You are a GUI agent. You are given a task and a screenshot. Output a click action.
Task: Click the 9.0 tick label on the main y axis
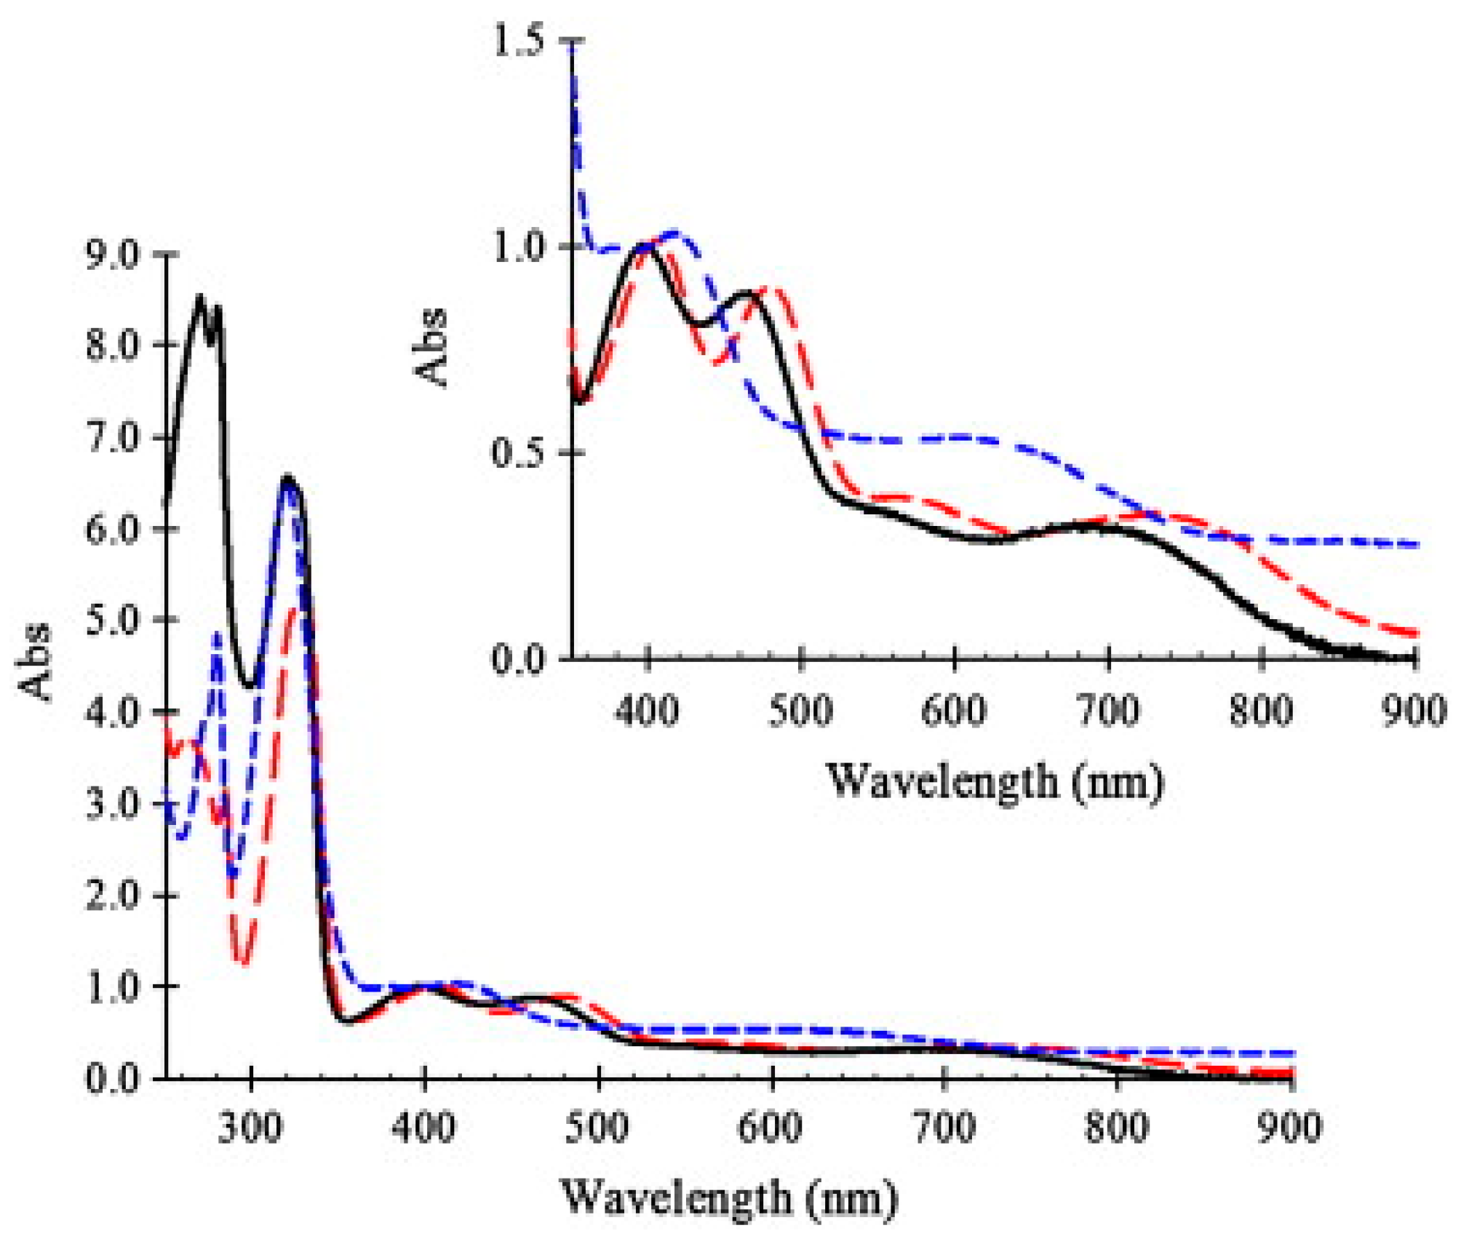tap(113, 255)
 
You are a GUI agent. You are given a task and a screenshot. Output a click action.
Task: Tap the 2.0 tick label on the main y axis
tap(113, 896)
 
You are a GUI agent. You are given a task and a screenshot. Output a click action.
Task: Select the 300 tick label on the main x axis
tap(250, 1128)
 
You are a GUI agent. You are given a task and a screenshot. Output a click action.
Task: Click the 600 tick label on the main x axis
tap(770, 1128)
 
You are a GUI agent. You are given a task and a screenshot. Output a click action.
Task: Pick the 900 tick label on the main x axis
tap(1289, 1128)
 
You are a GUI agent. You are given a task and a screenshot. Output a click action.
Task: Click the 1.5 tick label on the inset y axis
tap(518, 41)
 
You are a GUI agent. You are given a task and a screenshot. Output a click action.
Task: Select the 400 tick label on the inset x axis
tap(647, 709)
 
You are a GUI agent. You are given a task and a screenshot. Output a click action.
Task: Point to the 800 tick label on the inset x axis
tap(1261, 709)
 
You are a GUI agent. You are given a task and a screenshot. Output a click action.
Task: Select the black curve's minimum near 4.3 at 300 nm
tap(250, 685)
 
